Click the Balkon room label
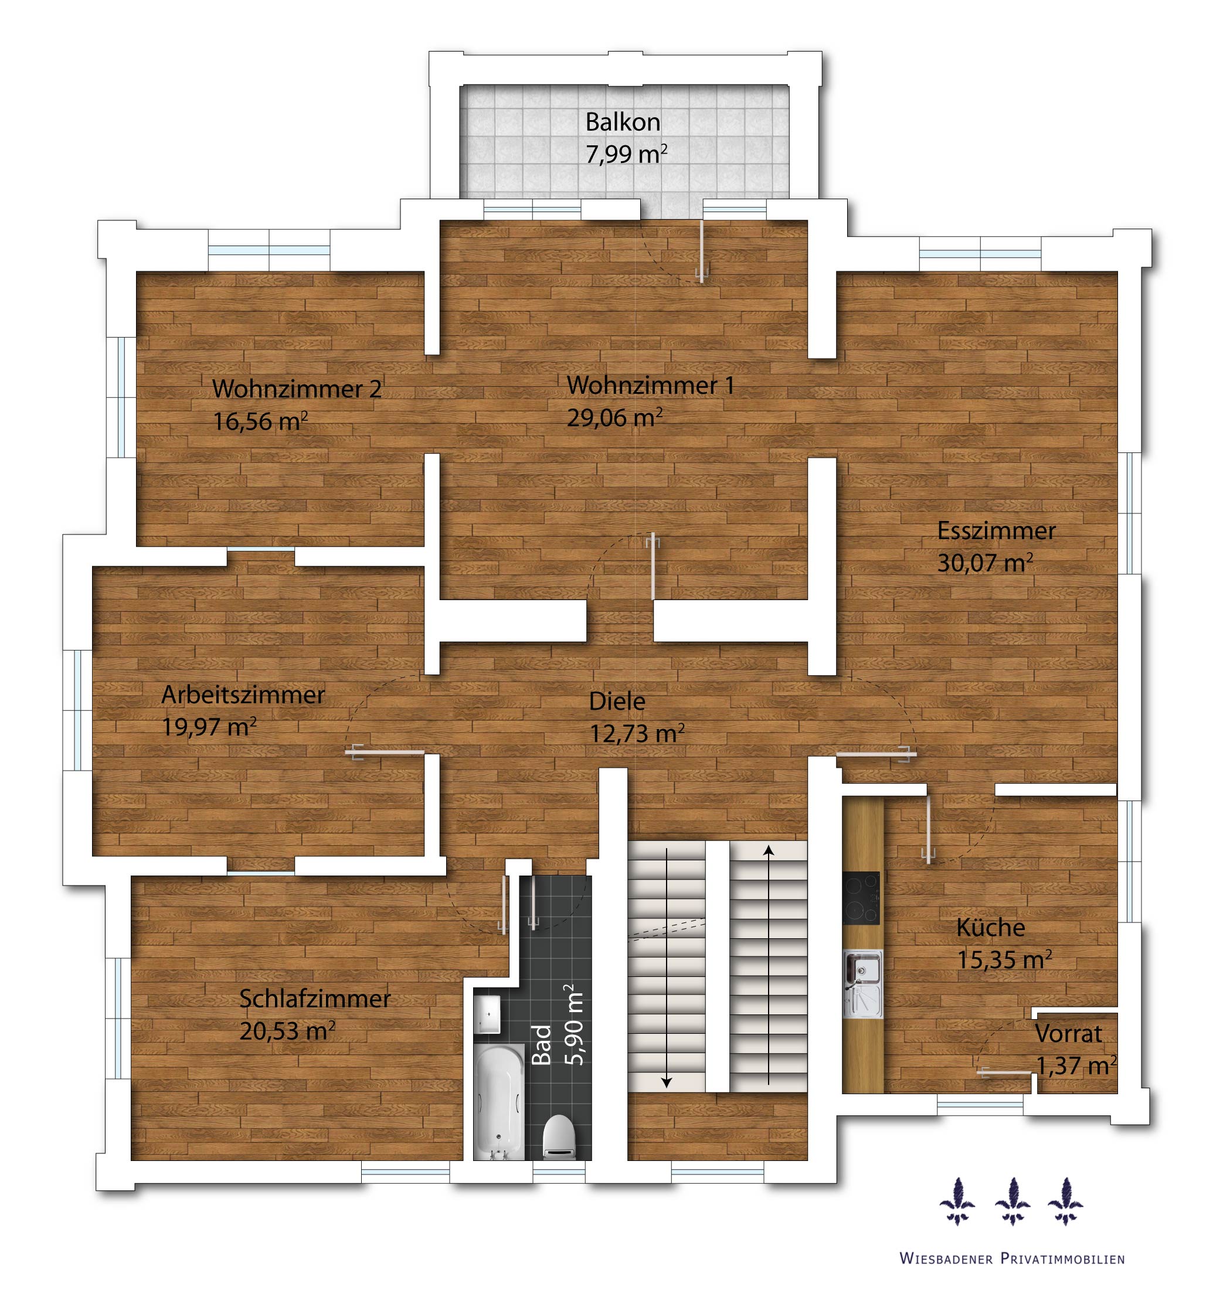click(x=622, y=122)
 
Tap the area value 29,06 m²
click(x=614, y=417)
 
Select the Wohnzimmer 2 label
click(x=297, y=389)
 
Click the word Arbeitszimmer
click(x=243, y=694)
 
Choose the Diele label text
click(x=617, y=701)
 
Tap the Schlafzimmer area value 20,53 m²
click(x=287, y=1031)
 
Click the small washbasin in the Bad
click(x=488, y=1015)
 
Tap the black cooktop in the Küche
click(x=861, y=898)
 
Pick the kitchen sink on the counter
click(x=862, y=983)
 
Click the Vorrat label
click(x=1068, y=1033)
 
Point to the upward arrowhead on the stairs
click(x=769, y=851)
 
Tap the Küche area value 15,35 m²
click(x=1004, y=960)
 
